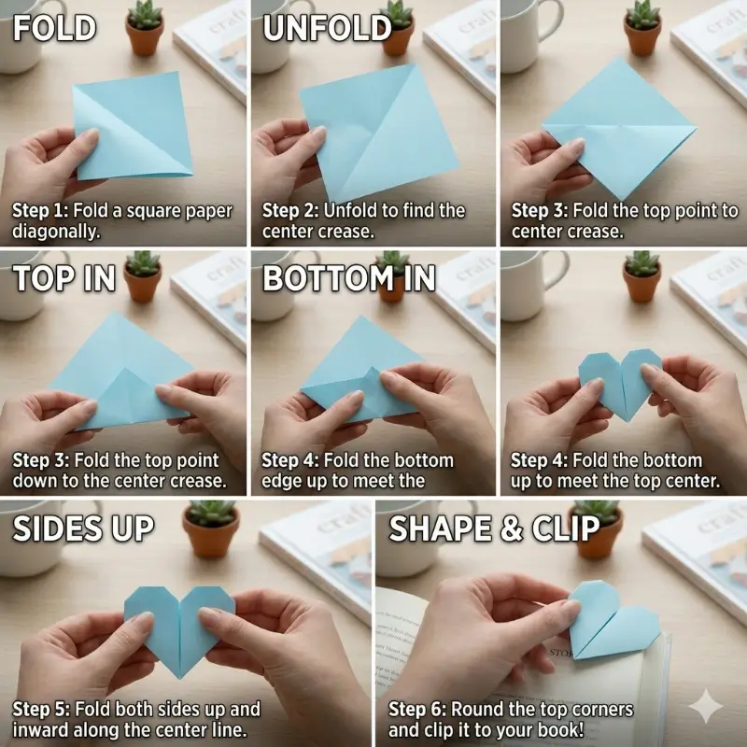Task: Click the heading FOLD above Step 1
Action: click(x=54, y=28)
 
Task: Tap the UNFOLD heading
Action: click(x=326, y=28)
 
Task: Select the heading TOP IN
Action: click(x=64, y=278)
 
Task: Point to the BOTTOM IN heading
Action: click(x=348, y=278)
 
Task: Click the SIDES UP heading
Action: click(x=83, y=529)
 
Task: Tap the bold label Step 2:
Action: click(x=290, y=211)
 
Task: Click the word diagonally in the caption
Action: click(x=55, y=232)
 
